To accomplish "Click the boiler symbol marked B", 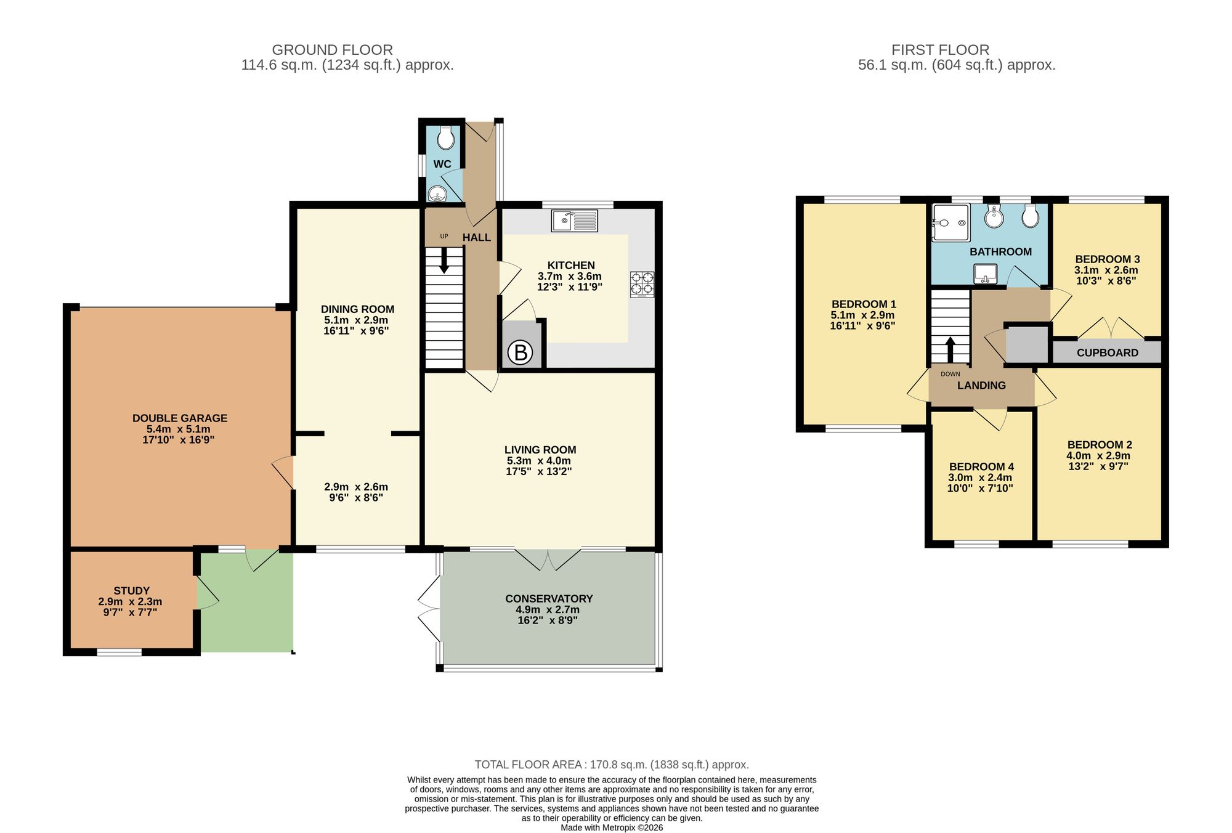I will click(521, 352).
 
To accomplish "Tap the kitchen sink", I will click(574, 221).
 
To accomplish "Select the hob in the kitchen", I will click(642, 285).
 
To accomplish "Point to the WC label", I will click(442, 164).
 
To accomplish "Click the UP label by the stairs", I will click(444, 236).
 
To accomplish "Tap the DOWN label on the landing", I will click(950, 374).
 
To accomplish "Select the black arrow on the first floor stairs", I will click(950, 349).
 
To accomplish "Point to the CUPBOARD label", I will click(1107, 352).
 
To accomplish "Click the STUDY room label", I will click(131, 590).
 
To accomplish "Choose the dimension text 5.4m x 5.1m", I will click(179, 429).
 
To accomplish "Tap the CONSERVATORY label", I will click(549, 598).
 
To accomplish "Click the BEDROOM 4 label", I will click(981, 466).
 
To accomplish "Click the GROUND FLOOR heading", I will click(332, 50).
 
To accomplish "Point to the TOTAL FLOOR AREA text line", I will click(611, 765).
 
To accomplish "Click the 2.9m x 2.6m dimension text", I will click(356, 486).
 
